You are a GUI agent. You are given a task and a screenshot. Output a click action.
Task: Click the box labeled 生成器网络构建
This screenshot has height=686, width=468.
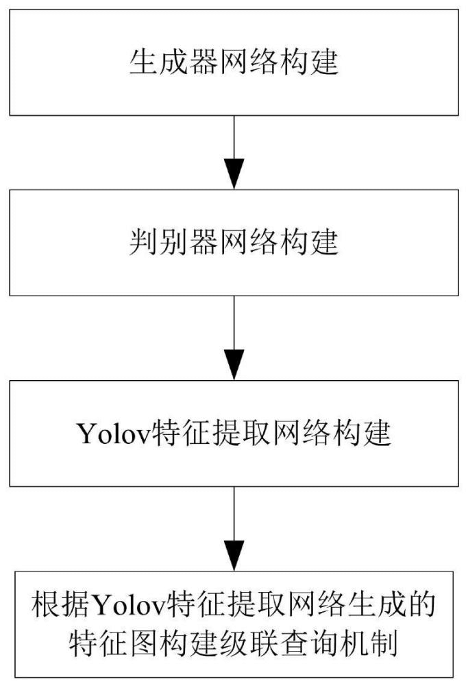pyautogui.click(x=234, y=62)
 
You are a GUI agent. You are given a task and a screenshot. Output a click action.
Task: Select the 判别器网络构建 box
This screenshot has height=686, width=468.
pyautogui.click(x=234, y=243)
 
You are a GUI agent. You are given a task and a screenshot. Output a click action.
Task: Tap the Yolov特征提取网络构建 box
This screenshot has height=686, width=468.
pyautogui.click(x=234, y=432)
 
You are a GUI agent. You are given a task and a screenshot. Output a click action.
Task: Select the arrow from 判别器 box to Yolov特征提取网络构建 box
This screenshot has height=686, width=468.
pyautogui.click(x=234, y=336)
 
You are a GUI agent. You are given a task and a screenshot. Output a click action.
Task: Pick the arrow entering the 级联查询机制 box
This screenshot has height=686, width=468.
pyautogui.click(x=234, y=528)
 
